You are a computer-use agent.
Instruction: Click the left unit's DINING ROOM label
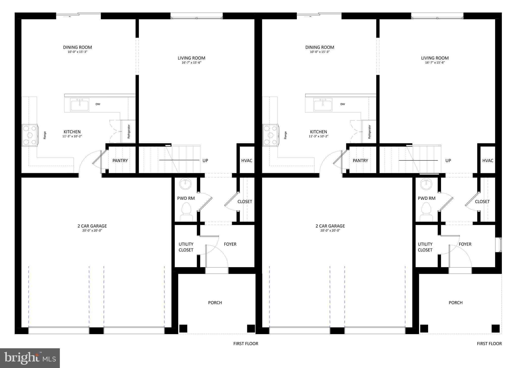pos(77,47)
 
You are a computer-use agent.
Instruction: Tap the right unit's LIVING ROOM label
pos(435,58)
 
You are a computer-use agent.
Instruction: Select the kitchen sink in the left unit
pos(80,105)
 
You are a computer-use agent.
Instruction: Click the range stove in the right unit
pos(270,135)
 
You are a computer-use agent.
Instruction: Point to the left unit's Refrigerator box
pos(128,131)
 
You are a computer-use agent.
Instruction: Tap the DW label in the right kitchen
pos(343,104)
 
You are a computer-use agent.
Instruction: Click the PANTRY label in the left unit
pos(120,161)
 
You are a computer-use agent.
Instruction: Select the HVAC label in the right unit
pos(487,161)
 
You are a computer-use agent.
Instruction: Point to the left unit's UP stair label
pos(205,161)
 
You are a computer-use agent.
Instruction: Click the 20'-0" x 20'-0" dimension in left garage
pos(92,231)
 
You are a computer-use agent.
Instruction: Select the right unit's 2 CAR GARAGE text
pos(330,226)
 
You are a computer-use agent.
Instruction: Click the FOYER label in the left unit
pos(230,244)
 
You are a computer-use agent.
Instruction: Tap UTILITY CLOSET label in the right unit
pos(425,247)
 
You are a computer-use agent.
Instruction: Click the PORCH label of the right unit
pos(455,303)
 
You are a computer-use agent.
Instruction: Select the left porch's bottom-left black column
pos(183,328)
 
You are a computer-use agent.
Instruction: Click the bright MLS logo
pos(30,358)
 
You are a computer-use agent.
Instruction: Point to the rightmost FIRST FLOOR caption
pos(489,344)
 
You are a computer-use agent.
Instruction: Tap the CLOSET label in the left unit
pos(245,202)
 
